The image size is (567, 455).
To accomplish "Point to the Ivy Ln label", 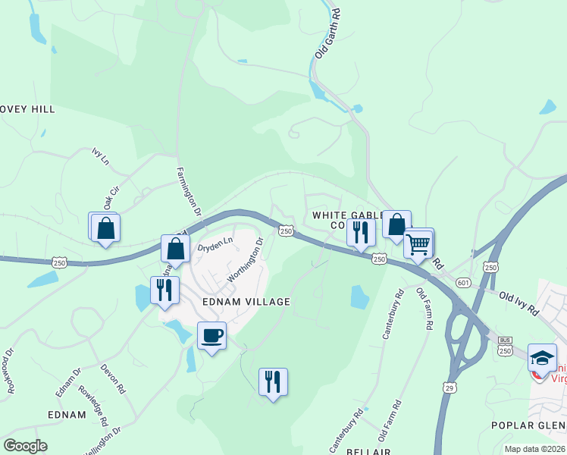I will click(x=100, y=156).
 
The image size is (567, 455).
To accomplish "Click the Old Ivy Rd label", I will click(x=517, y=302).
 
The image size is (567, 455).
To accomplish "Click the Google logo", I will click(x=24, y=446).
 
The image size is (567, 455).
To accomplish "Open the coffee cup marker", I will click(x=211, y=335).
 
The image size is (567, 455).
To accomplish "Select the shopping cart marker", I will click(x=418, y=244).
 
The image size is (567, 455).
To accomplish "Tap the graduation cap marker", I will click(x=542, y=357).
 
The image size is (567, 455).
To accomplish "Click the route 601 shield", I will click(x=464, y=283).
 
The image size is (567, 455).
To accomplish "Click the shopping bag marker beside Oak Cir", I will click(x=106, y=227).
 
